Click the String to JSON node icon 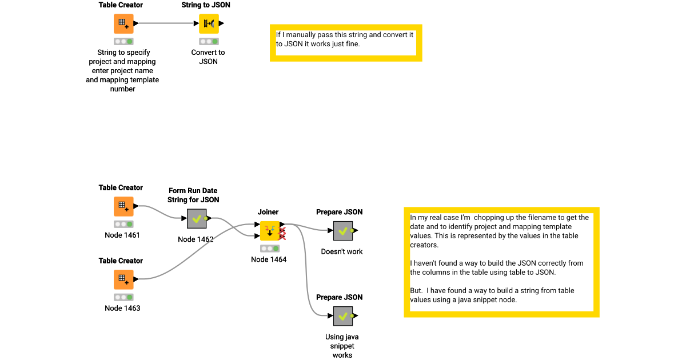(x=209, y=23)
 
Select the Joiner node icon (x=270, y=231)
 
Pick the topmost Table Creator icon (x=123, y=23)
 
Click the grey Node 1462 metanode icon (x=197, y=219)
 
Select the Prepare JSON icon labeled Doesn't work (x=342, y=231)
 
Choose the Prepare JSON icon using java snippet (x=342, y=316)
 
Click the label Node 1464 (x=269, y=259)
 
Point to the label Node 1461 (x=122, y=235)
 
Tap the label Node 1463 (x=122, y=308)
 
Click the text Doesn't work (x=342, y=251)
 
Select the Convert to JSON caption (x=208, y=57)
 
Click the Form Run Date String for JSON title (x=193, y=195)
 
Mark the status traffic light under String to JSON (x=208, y=42)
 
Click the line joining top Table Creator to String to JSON (x=166, y=23)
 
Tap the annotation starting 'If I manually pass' (x=345, y=39)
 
